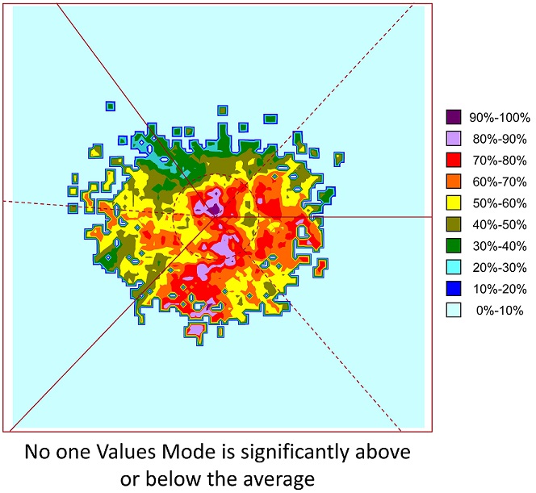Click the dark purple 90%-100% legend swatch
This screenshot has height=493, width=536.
pos(454,116)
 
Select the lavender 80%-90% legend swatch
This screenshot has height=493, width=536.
pos(454,138)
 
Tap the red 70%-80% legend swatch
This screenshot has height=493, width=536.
pos(454,159)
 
